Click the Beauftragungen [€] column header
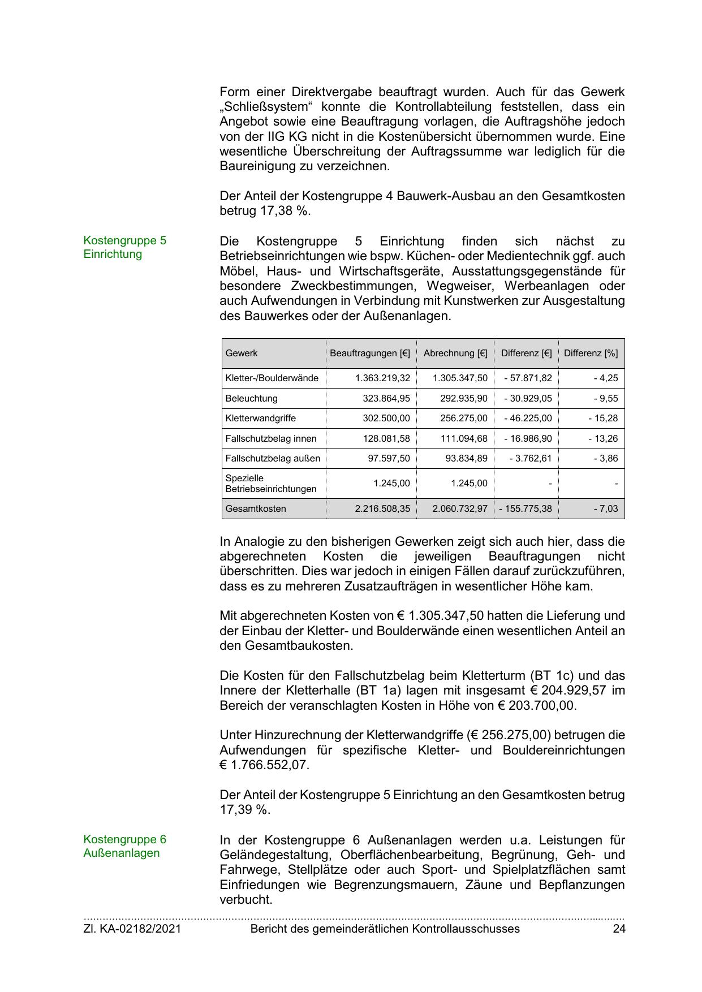coord(370,353)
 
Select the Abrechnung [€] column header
coord(455,353)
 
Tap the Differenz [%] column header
coord(591,353)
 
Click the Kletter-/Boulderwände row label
coord(272,378)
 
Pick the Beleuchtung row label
coord(251,399)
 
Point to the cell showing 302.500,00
coord(386,419)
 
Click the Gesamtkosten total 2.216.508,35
coord(382,509)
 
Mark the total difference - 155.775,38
coord(526,509)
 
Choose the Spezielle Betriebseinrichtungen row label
coord(270,484)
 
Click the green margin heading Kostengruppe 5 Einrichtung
coord(124,247)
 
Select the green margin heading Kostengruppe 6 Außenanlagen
coord(124,846)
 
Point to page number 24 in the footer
coord(619,929)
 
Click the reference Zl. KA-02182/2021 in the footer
coord(132,929)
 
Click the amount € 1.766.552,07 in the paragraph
coord(264,765)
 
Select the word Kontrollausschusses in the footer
coord(466,929)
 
